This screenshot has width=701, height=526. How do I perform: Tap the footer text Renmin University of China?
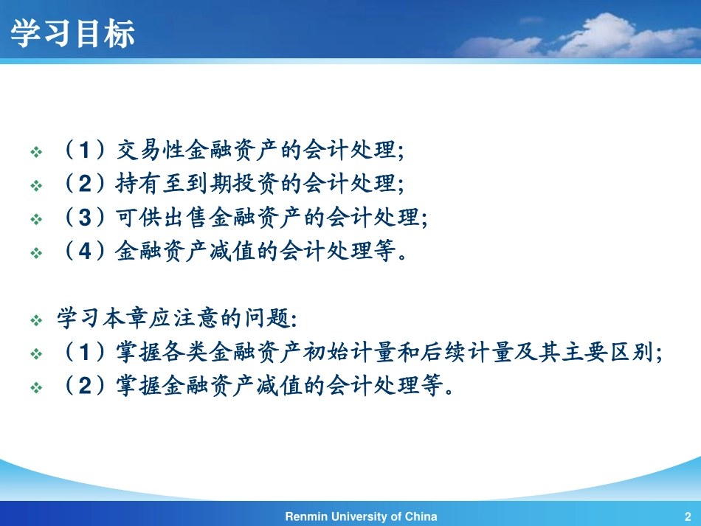pos(361,516)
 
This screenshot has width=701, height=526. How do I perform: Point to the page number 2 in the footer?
pos(688,516)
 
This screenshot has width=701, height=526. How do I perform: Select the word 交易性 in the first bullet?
pos(152,150)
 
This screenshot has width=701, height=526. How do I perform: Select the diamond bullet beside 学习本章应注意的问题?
pos(36,321)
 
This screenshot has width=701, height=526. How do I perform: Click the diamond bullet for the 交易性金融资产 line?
pos(36,152)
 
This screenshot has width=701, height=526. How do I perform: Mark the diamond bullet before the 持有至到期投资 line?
pos(36,186)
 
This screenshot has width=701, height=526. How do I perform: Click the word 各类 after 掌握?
pos(189,353)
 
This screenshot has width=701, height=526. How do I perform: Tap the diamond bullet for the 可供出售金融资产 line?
pos(36,220)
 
